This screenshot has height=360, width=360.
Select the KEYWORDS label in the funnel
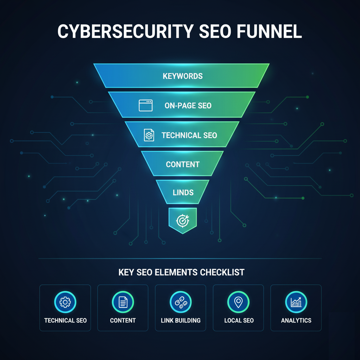pyautogui.click(x=182, y=76)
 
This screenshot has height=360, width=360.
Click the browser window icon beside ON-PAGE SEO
pyautogui.click(x=146, y=105)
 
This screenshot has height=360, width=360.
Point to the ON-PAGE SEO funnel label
pyautogui.click(x=188, y=105)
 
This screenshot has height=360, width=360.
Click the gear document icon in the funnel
pyautogui.click(x=149, y=135)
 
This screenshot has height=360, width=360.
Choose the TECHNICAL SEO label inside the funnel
pyautogui.click(x=189, y=135)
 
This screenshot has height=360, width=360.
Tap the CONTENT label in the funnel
pyautogui.click(x=182, y=164)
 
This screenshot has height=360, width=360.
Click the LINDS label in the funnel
pyautogui.click(x=183, y=192)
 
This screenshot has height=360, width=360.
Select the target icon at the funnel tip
pyautogui.click(x=182, y=220)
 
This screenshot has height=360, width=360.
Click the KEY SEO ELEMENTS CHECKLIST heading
pyautogui.click(x=181, y=272)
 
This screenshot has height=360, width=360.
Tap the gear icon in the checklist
pyautogui.click(x=65, y=302)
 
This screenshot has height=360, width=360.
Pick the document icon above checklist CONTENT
pyautogui.click(x=123, y=302)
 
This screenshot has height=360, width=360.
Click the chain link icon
pyautogui.click(x=180, y=302)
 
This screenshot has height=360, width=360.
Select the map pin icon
pyautogui.click(x=238, y=302)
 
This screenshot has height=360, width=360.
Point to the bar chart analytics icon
pyautogui.click(x=296, y=302)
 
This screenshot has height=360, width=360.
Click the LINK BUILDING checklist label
pyautogui.click(x=181, y=320)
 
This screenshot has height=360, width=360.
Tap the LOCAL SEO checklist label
pyautogui.click(x=239, y=320)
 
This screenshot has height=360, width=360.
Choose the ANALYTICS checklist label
pyautogui.click(x=296, y=320)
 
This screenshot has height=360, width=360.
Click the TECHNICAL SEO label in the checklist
pyautogui.click(x=65, y=320)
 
